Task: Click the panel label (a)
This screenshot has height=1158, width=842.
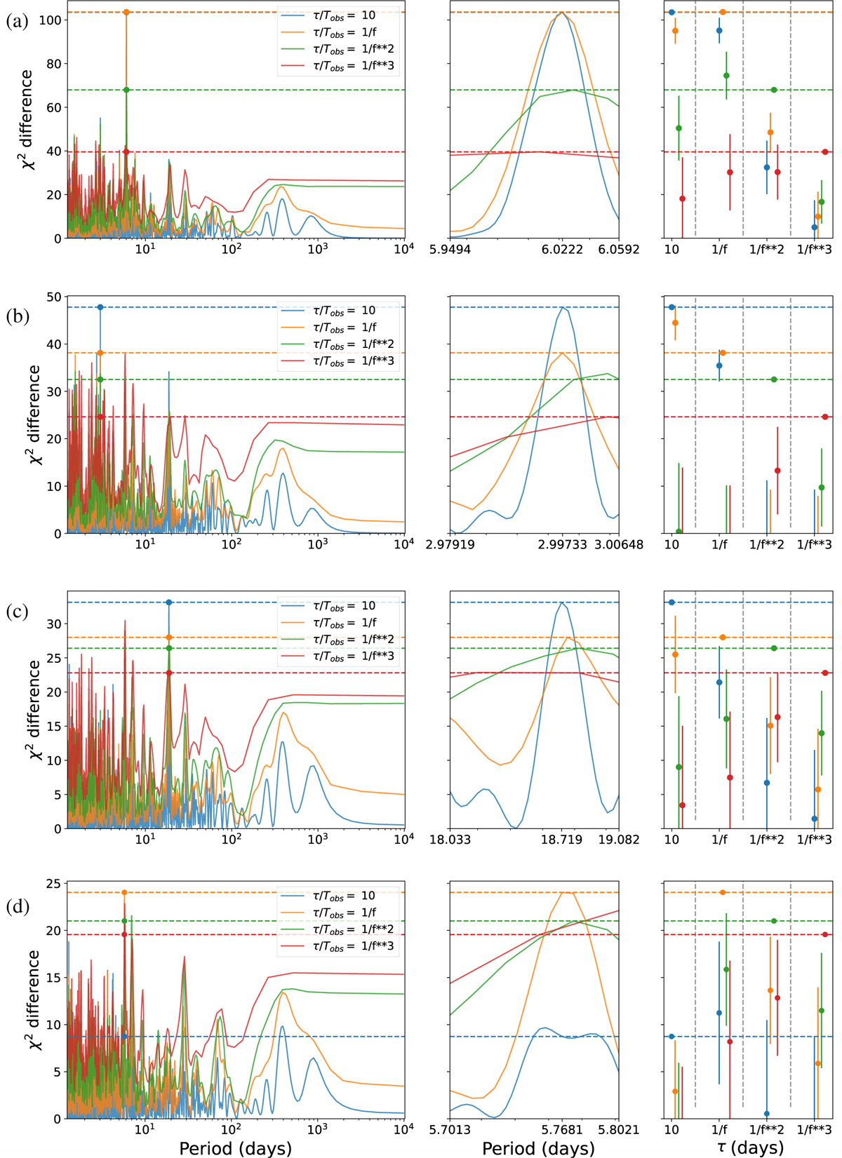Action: pyautogui.click(x=17, y=21)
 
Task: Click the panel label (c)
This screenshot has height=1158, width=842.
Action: pyautogui.click(x=17, y=612)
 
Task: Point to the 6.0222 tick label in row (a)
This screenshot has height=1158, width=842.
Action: pyautogui.click(x=562, y=250)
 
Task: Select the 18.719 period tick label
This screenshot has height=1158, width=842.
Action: pyautogui.click(x=561, y=840)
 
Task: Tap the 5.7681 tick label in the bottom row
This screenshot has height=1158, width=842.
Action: pyautogui.click(x=561, y=1130)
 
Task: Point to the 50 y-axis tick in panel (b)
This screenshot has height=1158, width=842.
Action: pyautogui.click(x=53, y=297)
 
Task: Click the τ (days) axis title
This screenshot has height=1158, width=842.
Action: pyautogui.click(x=749, y=1147)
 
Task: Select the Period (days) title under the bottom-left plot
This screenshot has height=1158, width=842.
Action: pyautogui.click(x=236, y=1148)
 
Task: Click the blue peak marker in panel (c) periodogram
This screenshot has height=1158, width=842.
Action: pyautogui.click(x=168, y=602)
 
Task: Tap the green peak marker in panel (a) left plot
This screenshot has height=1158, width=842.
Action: pyautogui.click(x=126, y=90)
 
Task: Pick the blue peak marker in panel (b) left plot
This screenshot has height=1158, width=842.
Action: pyautogui.click(x=100, y=307)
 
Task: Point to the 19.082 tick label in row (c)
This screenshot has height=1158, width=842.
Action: pyautogui.click(x=618, y=840)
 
